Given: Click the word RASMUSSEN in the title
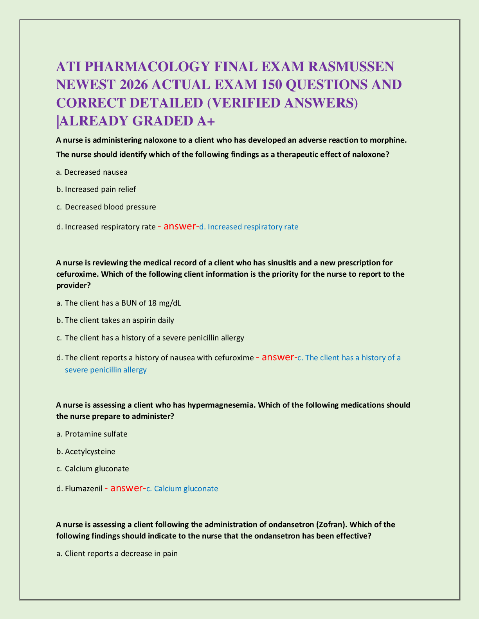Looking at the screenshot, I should (351, 67).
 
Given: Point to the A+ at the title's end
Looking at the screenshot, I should (205, 121).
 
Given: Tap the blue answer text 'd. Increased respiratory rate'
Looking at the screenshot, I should (249, 227).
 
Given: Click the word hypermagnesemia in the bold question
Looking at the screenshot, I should (221, 405).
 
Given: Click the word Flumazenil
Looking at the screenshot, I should (84, 489).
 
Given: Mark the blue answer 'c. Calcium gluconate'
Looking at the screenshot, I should (182, 489).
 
